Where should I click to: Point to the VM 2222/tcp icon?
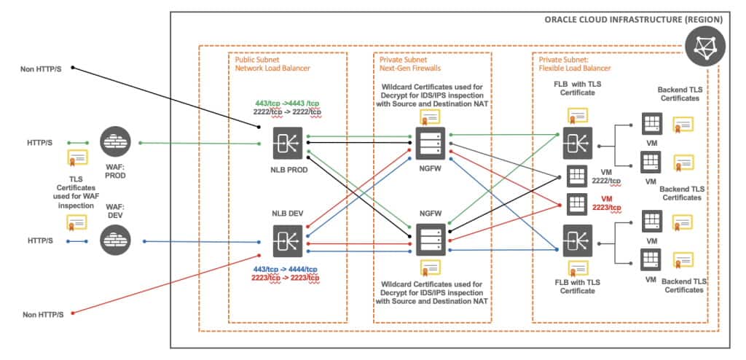(x=576, y=176)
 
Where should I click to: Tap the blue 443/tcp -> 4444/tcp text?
(x=286, y=268)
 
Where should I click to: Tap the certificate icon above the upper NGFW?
(x=430, y=117)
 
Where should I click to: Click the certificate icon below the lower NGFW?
(x=430, y=267)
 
